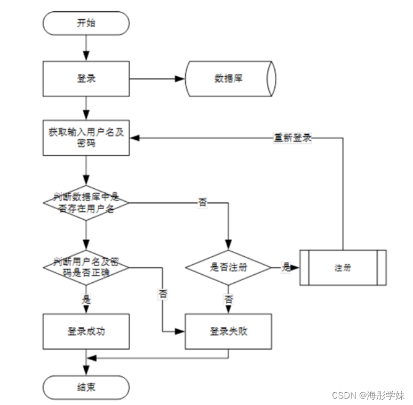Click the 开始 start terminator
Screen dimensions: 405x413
[x=86, y=23]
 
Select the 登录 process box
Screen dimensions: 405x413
[x=86, y=78]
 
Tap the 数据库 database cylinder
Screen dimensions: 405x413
[x=230, y=78]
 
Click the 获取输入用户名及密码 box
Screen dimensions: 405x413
[x=86, y=138]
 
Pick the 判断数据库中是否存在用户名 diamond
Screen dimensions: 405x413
[x=86, y=203]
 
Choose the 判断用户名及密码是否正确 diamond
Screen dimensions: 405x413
[x=86, y=266]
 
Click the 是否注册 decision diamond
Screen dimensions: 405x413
[x=228, y=267]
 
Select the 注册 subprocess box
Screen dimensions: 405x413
[x=343, y=267]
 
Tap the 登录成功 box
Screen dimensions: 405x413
[x=86, y=331]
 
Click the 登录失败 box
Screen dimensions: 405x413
[x=228, y=331]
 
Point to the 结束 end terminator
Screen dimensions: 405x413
[x=86, y=387]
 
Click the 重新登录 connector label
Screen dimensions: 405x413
[x=293, y=138]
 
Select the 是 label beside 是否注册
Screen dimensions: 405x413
[x=286, y=267]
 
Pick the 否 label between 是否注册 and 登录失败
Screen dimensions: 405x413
[x=228, y=299]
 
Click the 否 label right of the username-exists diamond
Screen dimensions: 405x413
[x=203, y=203]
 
